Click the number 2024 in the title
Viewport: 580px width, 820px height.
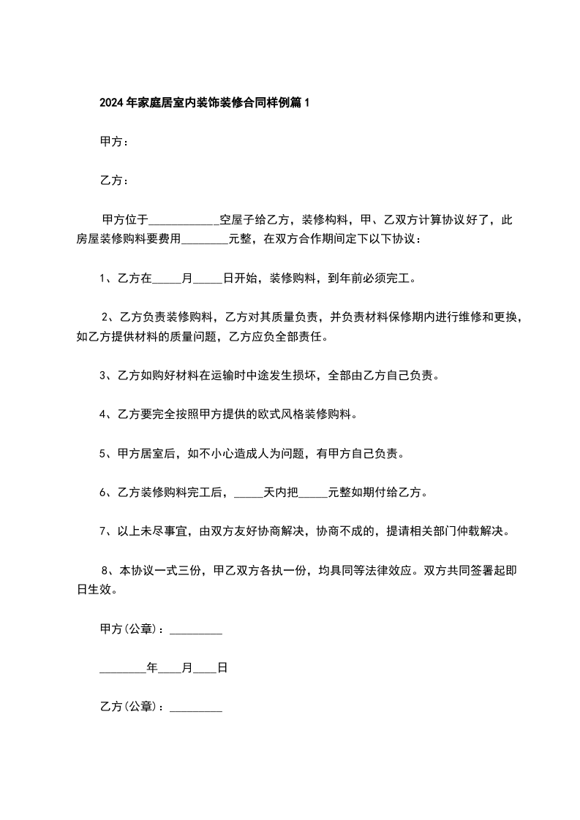pyautogui.click(x=111, y=104)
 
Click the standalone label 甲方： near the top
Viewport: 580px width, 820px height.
pyautogui.click(x=114, y=142)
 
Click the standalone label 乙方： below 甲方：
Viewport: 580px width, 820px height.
pyautogui.click(x=114, y=180)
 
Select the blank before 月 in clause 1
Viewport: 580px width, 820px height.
pyautogui.click(x=167, y=278)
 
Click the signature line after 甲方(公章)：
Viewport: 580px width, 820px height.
pyautogui.click(x=195, y=630)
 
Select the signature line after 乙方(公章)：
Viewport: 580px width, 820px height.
pyautogui.click(x=195, y=707)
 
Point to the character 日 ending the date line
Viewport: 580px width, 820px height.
pyautogui.click(x=222, y=668)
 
